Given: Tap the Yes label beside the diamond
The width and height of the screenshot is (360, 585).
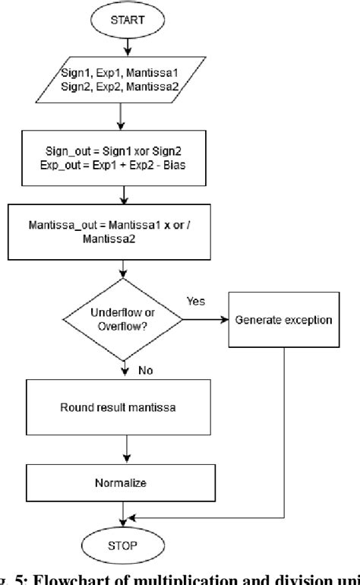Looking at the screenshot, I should [196, 301].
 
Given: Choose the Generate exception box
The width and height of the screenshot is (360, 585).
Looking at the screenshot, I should [283, 320].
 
